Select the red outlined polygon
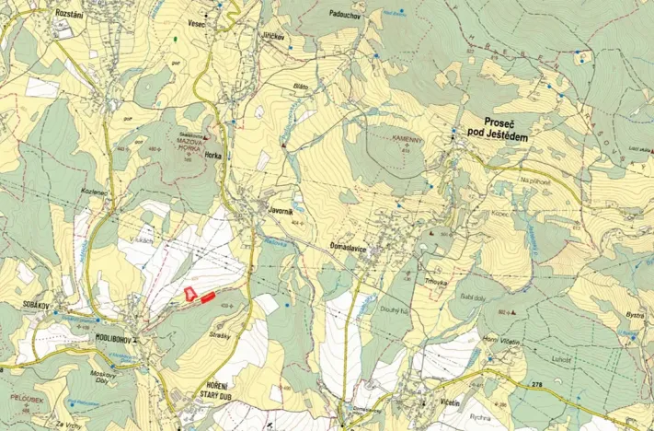pyautogui.click(x=189, y=294)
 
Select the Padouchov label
pyautogui.click(x=344, y=15)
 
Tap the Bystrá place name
pyautogui.click(x=635, y=316)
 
